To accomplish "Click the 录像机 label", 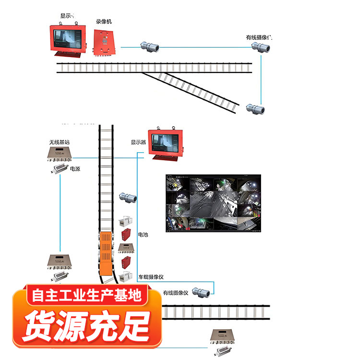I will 103,22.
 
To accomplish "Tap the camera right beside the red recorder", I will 149,47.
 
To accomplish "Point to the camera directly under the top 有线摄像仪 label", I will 262,47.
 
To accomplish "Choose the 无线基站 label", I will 60,143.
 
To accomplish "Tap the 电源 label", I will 75,169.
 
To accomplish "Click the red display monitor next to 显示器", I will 166,143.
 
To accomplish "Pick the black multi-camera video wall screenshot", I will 213,203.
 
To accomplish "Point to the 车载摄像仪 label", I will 151,277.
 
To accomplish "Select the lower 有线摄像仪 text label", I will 177,292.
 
